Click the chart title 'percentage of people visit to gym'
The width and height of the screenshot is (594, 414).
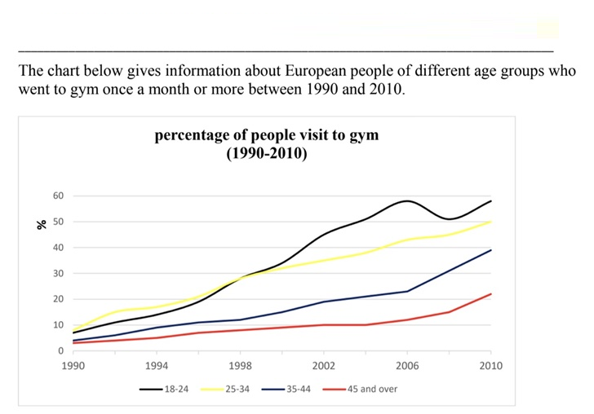tap(266, 135)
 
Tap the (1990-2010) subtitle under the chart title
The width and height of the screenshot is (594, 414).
tap(266, 153)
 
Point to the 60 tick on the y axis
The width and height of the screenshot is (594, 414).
tap(57, 196)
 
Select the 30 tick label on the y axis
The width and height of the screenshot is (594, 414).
tap(57, 273)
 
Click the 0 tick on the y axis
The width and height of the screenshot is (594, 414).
tap(60, 350)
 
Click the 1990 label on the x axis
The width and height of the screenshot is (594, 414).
tap(73, 366)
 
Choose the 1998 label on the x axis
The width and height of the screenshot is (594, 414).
tap(241, 366)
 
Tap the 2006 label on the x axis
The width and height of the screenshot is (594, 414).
tap(407, 366)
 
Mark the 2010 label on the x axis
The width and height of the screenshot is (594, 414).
tap(491, 366)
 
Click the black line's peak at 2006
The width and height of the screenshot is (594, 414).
tap(407, 200)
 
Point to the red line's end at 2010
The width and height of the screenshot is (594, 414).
tap(491, 294)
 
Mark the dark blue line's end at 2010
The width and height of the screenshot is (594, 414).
tap(491, 250)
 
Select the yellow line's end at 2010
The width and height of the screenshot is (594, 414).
tap(491, 222)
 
